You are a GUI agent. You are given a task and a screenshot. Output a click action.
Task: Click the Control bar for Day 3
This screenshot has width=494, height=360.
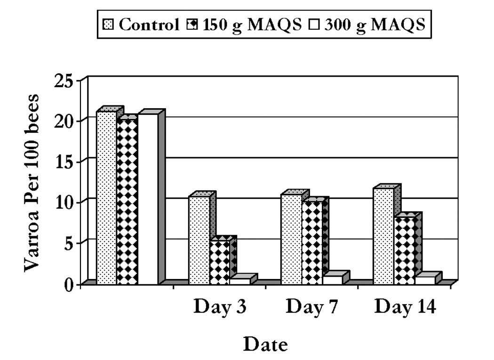[x=199, y=240]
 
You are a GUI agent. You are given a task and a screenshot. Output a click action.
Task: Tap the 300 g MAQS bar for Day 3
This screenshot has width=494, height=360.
[x=240, y=281]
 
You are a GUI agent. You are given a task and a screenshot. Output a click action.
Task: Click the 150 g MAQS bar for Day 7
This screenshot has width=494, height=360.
[x=312, y=242]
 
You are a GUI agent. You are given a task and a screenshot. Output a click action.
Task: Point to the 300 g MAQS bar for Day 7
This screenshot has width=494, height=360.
[x=333, y=280]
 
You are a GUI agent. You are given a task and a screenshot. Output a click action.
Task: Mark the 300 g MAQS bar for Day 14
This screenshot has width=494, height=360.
[x=425, y=280]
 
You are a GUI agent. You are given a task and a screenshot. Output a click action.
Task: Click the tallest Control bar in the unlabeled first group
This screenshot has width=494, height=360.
[x=106, y=198]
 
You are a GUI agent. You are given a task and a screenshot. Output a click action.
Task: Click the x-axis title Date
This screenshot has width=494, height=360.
[x=265, y=345]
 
